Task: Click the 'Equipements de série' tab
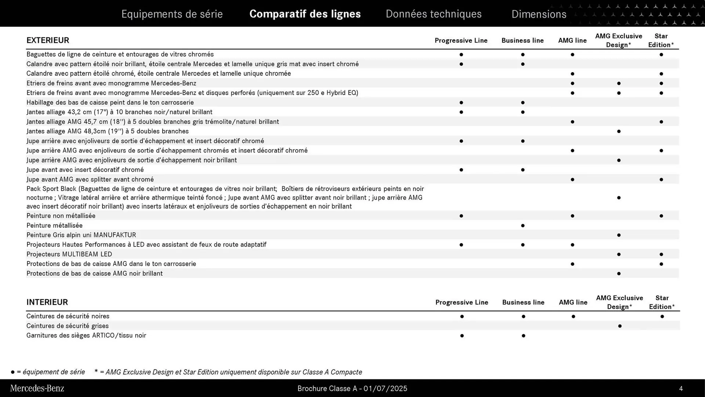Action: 172,14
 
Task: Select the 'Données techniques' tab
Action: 433,14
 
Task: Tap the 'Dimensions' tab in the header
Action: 539,14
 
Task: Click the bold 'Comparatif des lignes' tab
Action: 305,14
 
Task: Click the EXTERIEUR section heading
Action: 48,40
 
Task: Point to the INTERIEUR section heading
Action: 47,302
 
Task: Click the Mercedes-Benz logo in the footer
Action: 37,388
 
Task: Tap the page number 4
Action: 681,389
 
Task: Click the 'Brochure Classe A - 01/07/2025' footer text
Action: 352,389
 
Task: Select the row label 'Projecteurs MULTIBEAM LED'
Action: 69,254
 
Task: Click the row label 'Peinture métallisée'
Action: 54,225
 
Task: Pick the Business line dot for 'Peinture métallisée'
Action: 523,225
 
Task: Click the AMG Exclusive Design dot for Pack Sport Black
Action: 619,198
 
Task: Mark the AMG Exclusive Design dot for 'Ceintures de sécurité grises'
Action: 620,326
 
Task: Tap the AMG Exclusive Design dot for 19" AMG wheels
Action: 619,131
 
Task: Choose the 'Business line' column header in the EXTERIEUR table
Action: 523,40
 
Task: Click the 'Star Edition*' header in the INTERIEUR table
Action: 662,302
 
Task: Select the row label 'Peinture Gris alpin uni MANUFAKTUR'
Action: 81,235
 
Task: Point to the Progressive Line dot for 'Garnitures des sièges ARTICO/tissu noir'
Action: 462,336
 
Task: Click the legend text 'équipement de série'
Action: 54,372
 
